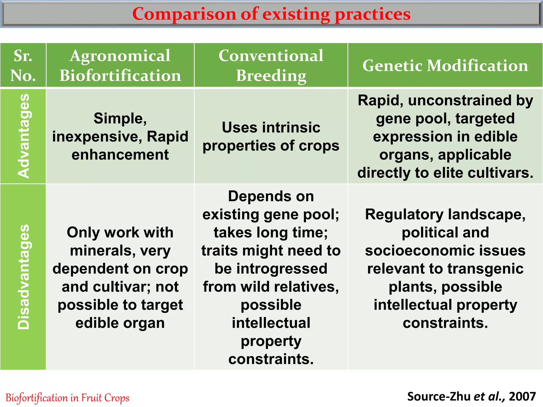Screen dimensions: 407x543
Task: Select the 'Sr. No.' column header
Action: [x=23, y=65]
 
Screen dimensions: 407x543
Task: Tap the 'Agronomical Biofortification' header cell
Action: [x=120, y=65]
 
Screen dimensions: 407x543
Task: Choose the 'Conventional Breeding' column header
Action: [x=271, y=65]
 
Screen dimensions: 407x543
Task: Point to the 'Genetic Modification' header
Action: [x=445, y=65]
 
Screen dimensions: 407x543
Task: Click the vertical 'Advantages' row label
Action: [x=23, y=136]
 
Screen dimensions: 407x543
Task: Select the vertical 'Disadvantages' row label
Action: [x=23, y=277]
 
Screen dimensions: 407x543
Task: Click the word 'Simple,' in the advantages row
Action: [x=120, y=118]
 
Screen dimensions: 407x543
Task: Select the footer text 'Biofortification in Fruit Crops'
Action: [x=67, y=398]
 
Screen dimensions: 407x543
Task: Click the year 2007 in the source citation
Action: [x=522, y=397]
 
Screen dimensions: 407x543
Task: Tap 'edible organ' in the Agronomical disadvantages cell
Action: [x=120, y=323]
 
